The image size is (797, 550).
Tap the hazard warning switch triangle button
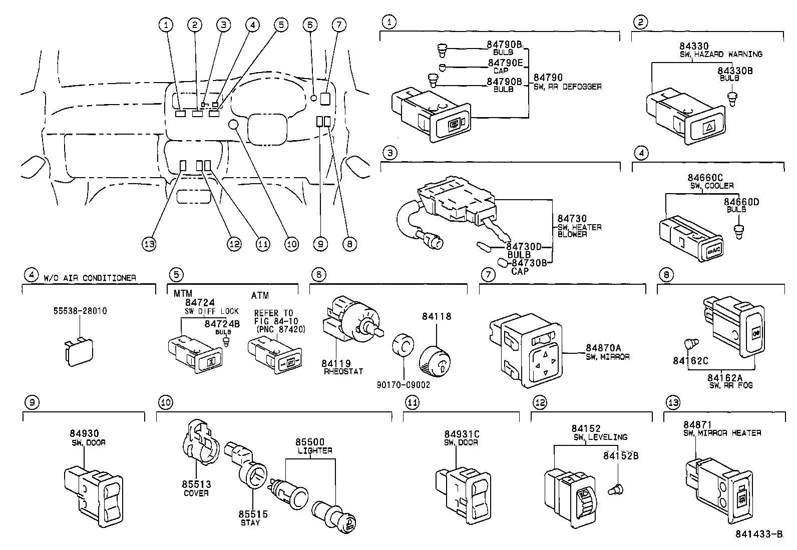pyautogui.click(x=709, y=127)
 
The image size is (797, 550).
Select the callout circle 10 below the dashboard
pyautogui.click(x=291, y=244)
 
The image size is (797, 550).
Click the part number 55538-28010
pyautogui.click(x=80, y=311)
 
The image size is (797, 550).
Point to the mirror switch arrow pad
pyautogui.click(x=545, y=361)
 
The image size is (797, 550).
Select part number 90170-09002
pyautogui.click(x=404, y=385)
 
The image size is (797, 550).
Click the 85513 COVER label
pyautogui.click(x=196, y=488)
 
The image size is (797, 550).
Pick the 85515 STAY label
pyautogui.click(x=253, y=518)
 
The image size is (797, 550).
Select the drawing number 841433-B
pyautogui.click(x=758, y=534)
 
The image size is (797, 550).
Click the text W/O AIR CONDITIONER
pyautogui.click(x=90, y=278)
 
